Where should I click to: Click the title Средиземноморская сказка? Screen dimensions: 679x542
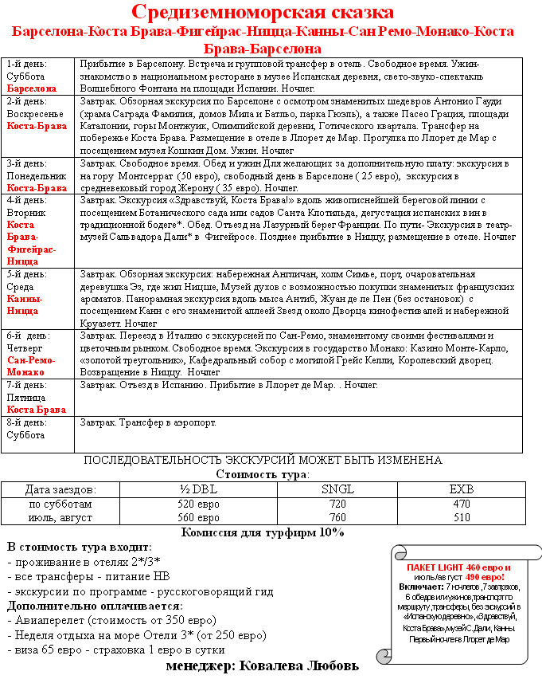[263, 13]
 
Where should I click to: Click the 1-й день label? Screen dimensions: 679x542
[26, 64]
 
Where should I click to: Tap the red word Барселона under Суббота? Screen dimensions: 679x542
[32, 88]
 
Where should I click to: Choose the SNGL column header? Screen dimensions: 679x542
[337, 489]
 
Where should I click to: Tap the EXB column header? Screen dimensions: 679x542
[461, 489]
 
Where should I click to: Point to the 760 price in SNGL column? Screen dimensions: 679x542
[337, 517]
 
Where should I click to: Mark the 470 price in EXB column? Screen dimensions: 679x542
[461, 504]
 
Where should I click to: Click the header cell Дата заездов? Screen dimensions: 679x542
[60, 489]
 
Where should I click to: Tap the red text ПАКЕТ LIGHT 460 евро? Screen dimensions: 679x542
[458, 567]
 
